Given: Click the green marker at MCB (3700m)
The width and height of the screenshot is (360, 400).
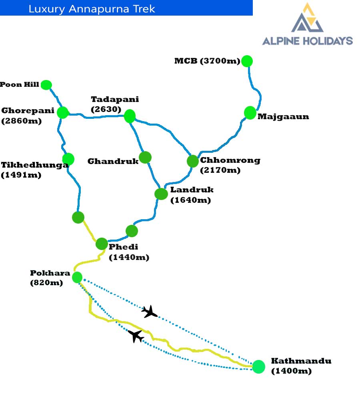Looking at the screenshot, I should click(247, 61).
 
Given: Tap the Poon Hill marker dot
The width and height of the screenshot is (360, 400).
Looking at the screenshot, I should click(46, 85).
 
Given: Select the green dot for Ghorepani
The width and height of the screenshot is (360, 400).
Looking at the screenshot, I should click(63, 112).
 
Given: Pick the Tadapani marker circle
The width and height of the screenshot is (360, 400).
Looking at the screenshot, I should click(130, 116).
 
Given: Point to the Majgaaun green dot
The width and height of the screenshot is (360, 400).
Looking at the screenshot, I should click(250, 113).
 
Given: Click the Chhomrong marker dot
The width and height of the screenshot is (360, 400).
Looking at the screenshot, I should click(193, 161).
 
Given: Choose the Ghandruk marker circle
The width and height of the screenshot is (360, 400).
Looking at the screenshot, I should click(145, 158).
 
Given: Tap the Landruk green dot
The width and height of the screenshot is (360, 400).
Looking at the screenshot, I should click(161, 194).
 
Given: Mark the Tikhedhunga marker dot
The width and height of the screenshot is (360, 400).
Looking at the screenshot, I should click(68, 159).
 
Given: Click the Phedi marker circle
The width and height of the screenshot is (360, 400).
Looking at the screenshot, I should click(102, 244).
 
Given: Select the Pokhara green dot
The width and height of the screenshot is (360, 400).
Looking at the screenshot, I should click(77, 277).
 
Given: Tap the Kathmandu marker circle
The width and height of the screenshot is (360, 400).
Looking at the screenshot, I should click(258, 366).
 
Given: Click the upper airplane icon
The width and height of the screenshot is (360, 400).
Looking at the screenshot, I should click(150, 311).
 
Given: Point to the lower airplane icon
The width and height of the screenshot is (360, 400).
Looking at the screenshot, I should click(136, 336).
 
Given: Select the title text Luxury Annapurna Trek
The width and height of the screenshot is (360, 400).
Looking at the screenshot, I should click(92, 8).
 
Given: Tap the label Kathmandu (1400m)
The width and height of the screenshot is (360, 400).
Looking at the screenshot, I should click(301, 366).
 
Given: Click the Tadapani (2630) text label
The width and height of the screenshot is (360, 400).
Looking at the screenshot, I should click(115, 104).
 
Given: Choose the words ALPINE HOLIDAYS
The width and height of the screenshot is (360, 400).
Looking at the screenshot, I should click(307, 40).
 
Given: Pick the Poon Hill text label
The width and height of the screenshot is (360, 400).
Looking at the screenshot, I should click(20, 84).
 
